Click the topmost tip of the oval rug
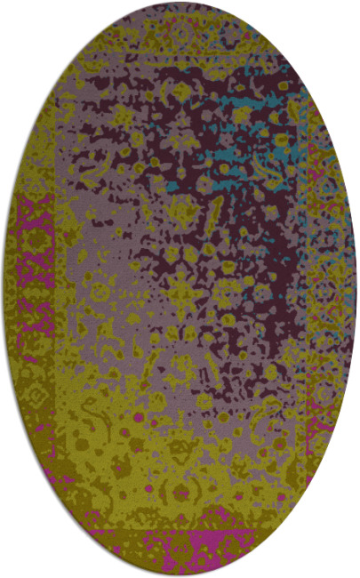pos(180,4)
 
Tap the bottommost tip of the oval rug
pos(180,574)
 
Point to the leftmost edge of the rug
pos(4,289)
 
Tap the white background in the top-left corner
pos(18,18)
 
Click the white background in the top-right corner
pos(342,18)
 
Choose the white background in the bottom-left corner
pos(18,560)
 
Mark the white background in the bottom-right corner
pos(342,560)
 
